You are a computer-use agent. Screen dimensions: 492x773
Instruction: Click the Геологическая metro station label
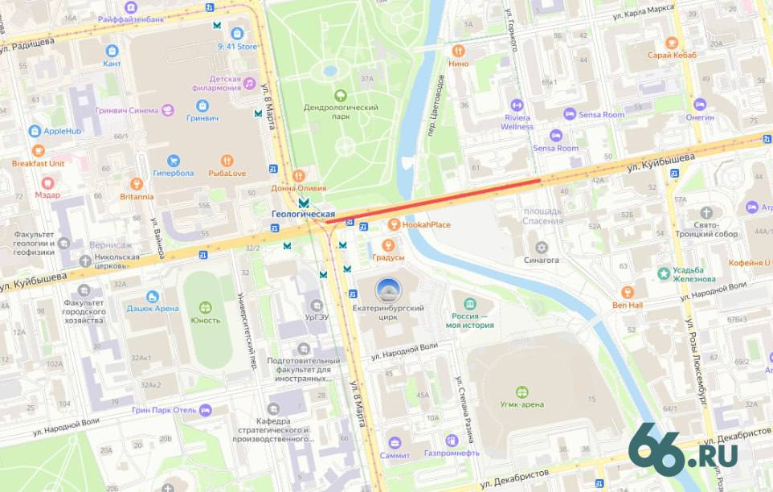click(303, 214)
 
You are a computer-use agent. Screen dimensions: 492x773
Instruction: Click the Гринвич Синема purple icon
click(168, 111)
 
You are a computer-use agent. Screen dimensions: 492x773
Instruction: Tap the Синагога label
click(542, 260)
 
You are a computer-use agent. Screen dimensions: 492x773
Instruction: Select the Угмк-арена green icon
click(522, 392)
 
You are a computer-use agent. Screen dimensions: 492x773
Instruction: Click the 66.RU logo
click(682, 451)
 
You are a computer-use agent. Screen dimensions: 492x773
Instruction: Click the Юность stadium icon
click(206, 307)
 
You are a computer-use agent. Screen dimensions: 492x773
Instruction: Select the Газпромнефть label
click(452, 453)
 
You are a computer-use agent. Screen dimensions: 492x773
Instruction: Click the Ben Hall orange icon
click(628, 292)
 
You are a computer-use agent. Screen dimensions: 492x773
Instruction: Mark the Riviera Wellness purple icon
click(517, 105)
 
